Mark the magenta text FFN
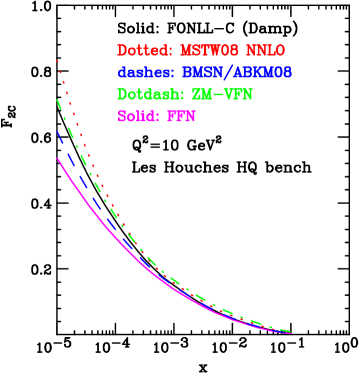(x=181, y=116)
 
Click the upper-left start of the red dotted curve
(x=57, y=62)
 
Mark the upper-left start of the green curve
(x=58, y=99)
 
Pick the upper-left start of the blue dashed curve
(x=58, y=131)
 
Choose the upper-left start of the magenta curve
(x=58, y=157)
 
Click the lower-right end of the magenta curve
(x=290, y=333)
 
